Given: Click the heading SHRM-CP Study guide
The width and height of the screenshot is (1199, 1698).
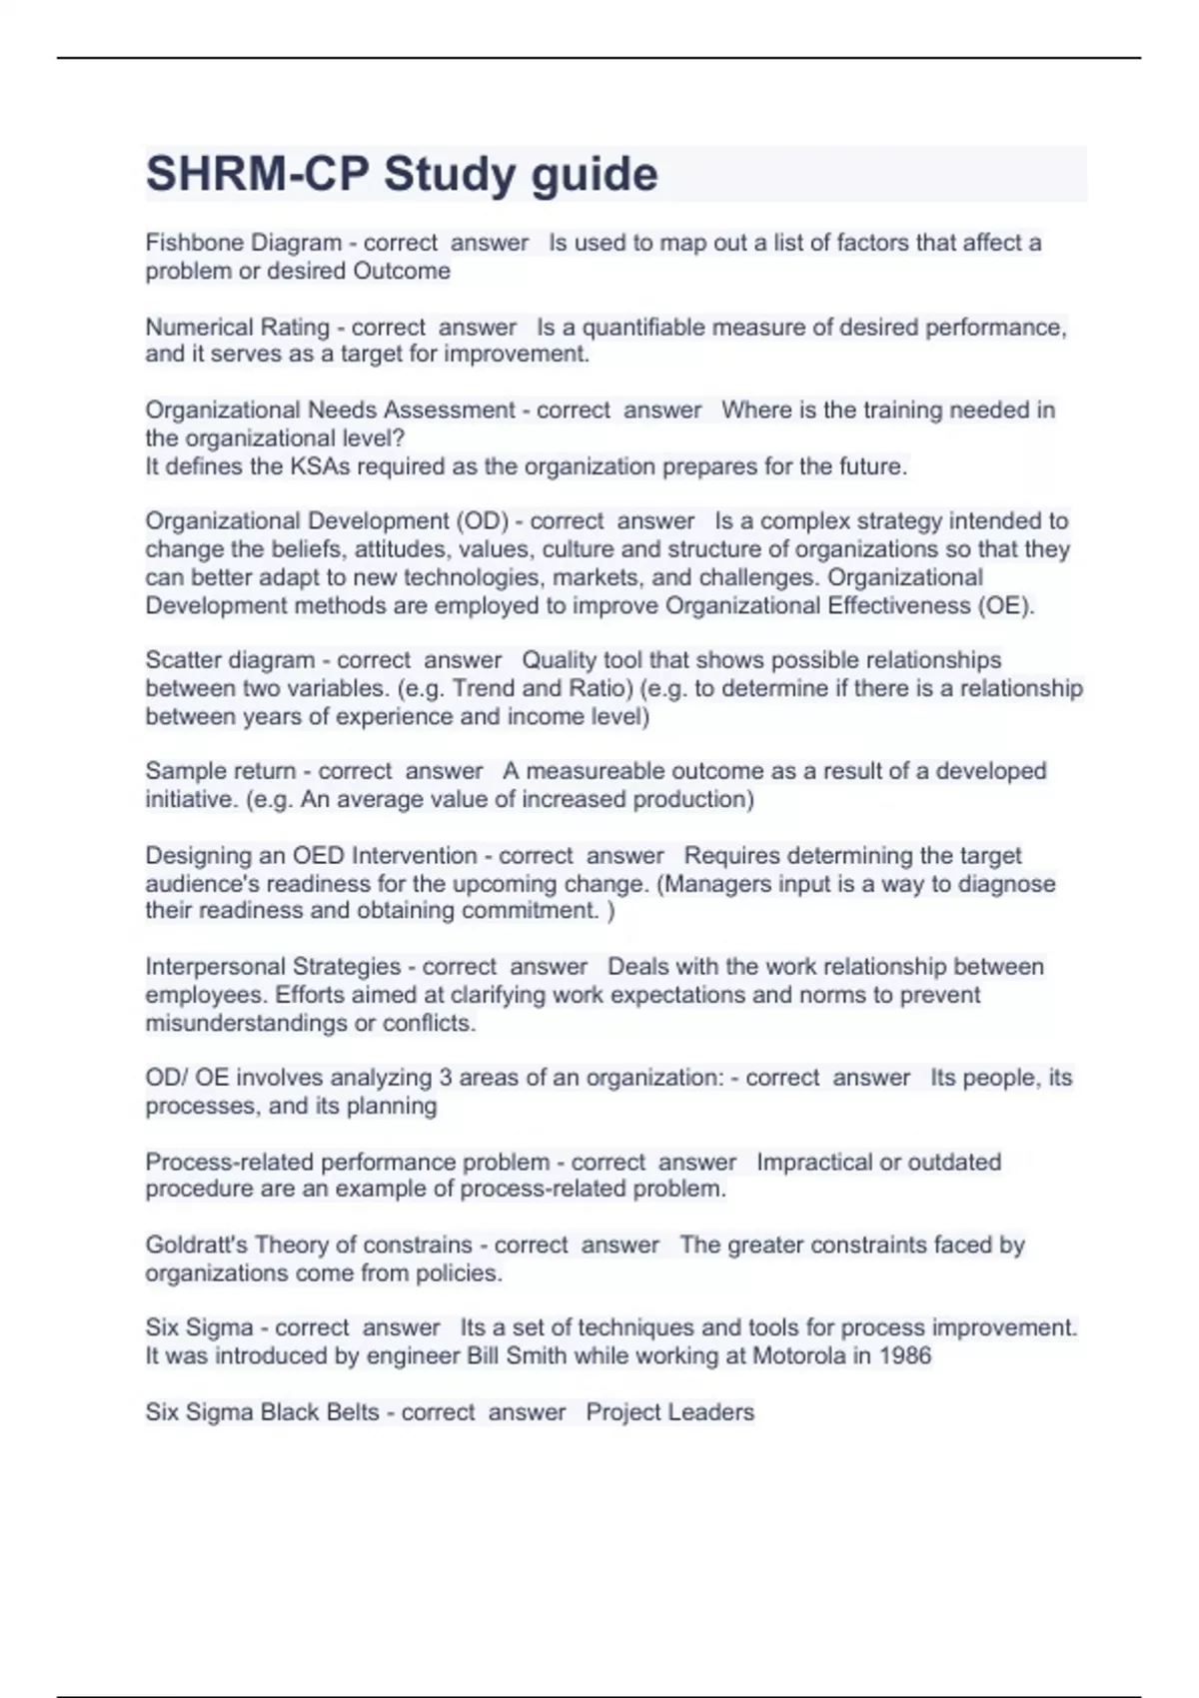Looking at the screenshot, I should click(402, 175).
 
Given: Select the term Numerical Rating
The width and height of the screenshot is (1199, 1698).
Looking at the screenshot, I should click(237, 328).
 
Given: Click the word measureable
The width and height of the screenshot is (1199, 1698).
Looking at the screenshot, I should click(598, 771).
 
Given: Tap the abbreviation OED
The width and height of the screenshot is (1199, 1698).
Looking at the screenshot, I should click(318, 856).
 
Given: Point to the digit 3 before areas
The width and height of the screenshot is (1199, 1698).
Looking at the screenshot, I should click(446, 1078).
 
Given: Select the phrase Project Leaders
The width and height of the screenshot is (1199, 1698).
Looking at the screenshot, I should click(669, 1412).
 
